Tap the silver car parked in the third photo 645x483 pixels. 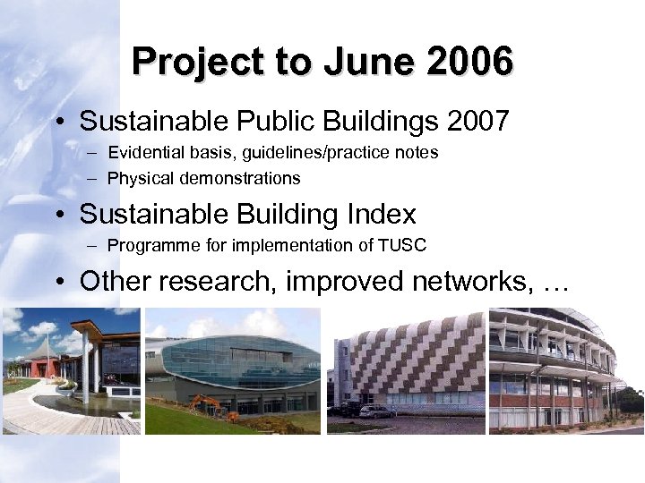(x=377, y=411)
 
